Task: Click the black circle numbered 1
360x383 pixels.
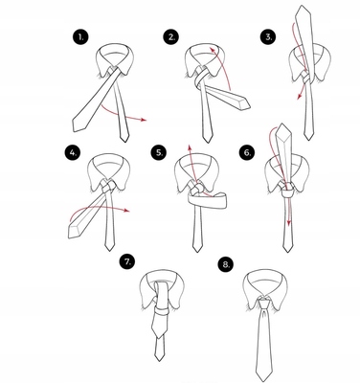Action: point(80,37)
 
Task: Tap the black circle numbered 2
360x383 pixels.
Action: point(171,37)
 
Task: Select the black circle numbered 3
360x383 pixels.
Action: point(268,36)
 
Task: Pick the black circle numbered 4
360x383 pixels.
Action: point(72,152)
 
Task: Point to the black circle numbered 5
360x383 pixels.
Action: point(159,153)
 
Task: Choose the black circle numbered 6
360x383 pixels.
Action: point(247,153)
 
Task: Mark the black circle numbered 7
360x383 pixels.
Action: point(127,262)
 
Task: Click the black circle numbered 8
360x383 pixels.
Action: point(226,264)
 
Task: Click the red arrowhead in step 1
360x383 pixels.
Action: point(144,120)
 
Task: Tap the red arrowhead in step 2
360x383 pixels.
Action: point(212,49)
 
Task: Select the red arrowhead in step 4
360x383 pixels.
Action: point(127,211)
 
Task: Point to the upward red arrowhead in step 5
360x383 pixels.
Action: point(189,147)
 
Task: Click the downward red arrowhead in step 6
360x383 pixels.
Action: point(289,223)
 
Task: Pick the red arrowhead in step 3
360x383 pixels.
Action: point(299,97)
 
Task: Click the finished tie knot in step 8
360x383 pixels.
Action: point(264,304)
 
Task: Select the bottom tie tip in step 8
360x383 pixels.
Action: point(263,376)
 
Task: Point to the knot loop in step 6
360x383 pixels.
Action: point(287,192)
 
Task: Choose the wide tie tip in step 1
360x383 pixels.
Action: point(78,124)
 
